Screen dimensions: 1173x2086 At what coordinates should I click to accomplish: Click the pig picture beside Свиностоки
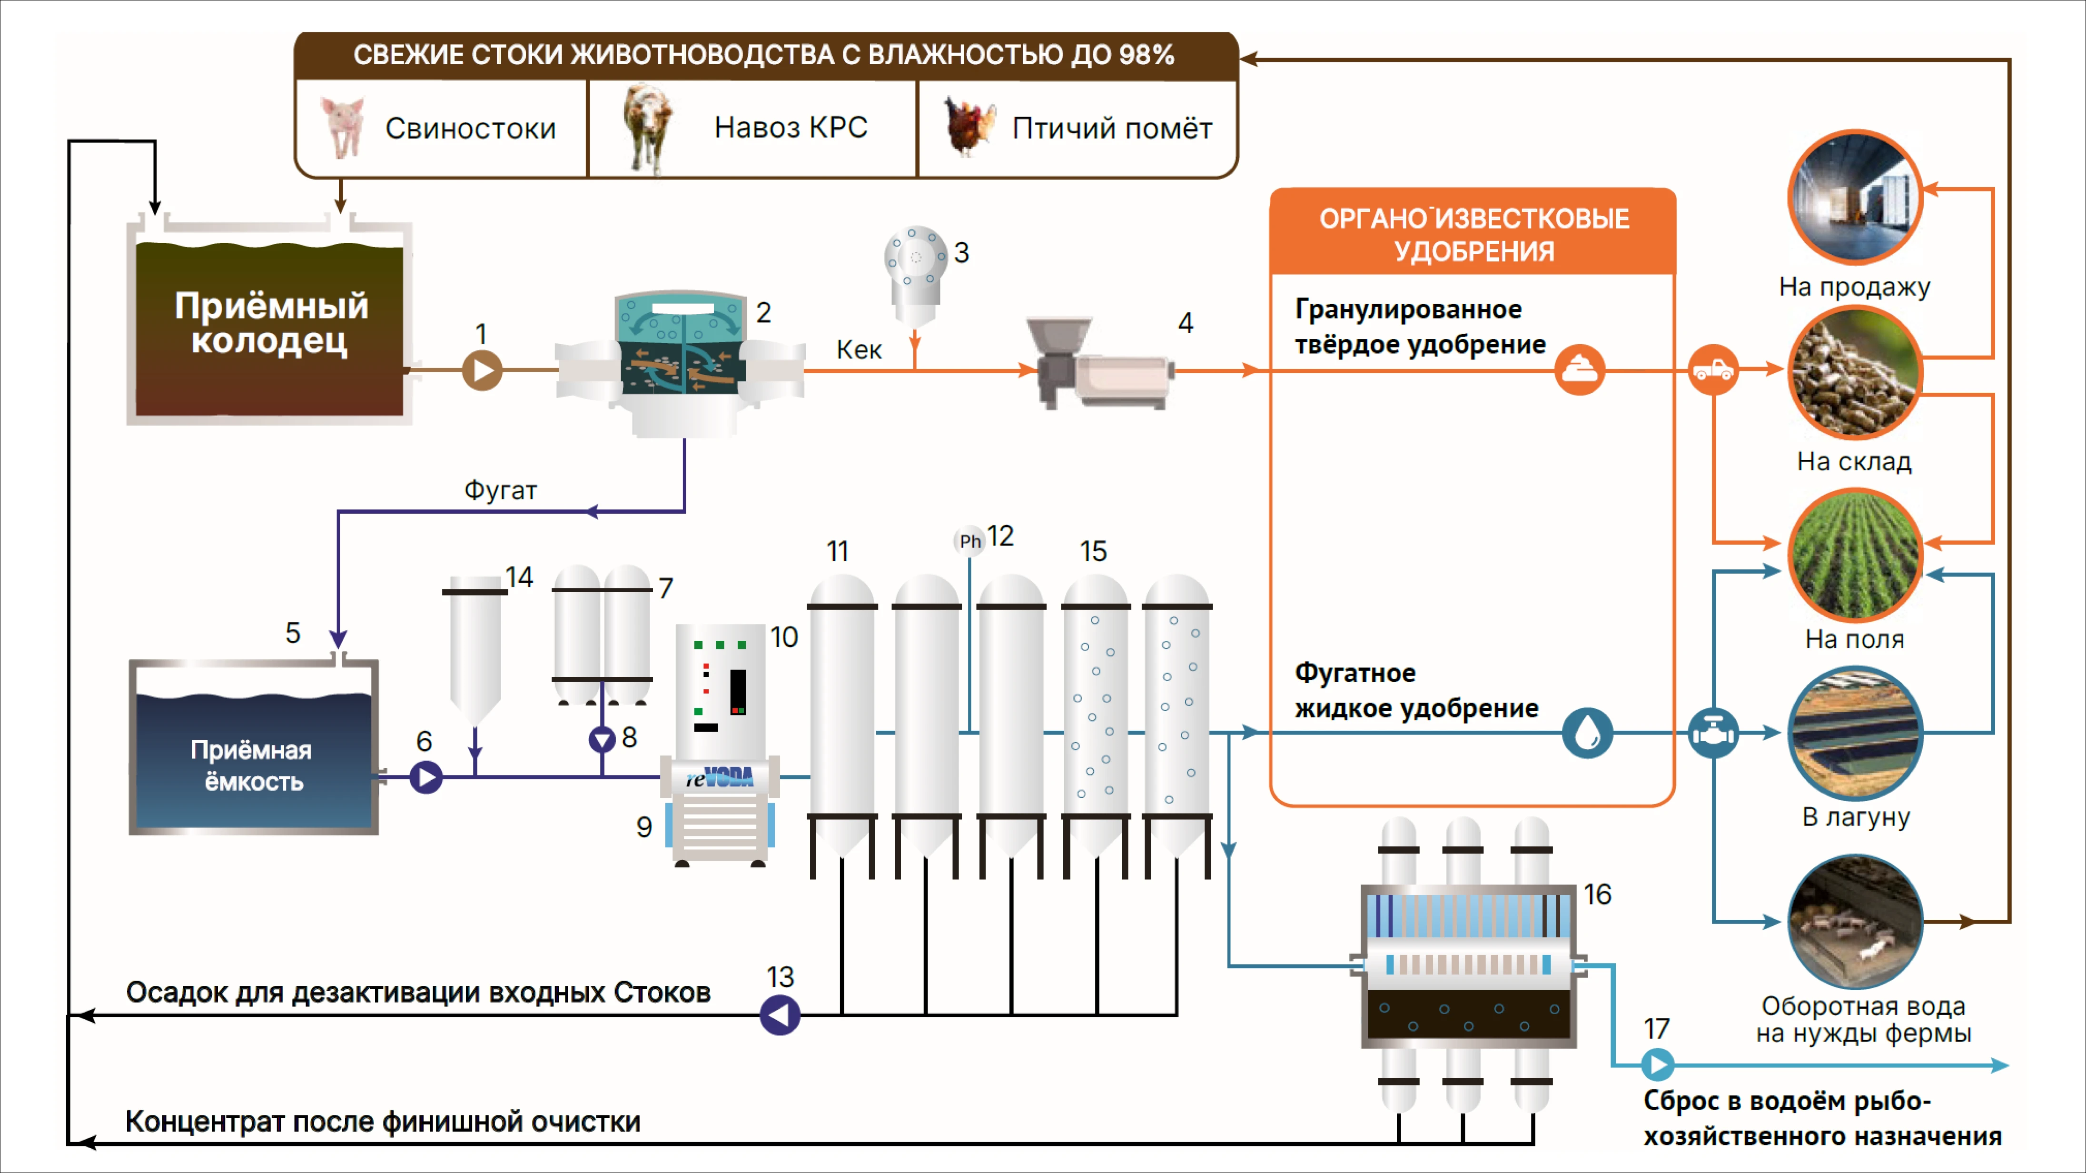click(x=343, y=127)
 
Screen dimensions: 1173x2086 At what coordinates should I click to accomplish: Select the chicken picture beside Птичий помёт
click(x=969, y=127)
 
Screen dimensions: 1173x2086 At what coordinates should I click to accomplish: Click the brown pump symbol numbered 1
click(x=483, y=370)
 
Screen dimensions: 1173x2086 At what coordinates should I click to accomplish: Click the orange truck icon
click(x=1713, y=370)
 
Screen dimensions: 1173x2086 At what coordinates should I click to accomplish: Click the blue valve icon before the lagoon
click(x=1713, y=733)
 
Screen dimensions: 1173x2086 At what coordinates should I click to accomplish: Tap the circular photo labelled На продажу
click(x=1854, y=198)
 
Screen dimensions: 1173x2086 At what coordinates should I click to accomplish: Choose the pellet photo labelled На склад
click(x=1854, y=373)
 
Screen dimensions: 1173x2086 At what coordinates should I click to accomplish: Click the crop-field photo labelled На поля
click(x=1854, y=555)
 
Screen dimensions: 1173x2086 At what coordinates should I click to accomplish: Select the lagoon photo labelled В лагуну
click(x=1854, y=733)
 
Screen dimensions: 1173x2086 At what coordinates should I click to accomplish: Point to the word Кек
click(x=859, y=350)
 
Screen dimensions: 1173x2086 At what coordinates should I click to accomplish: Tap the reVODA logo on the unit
click(x=720, y=778)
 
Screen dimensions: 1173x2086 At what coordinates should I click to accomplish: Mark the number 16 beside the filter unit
click(x=1597, y=895)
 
